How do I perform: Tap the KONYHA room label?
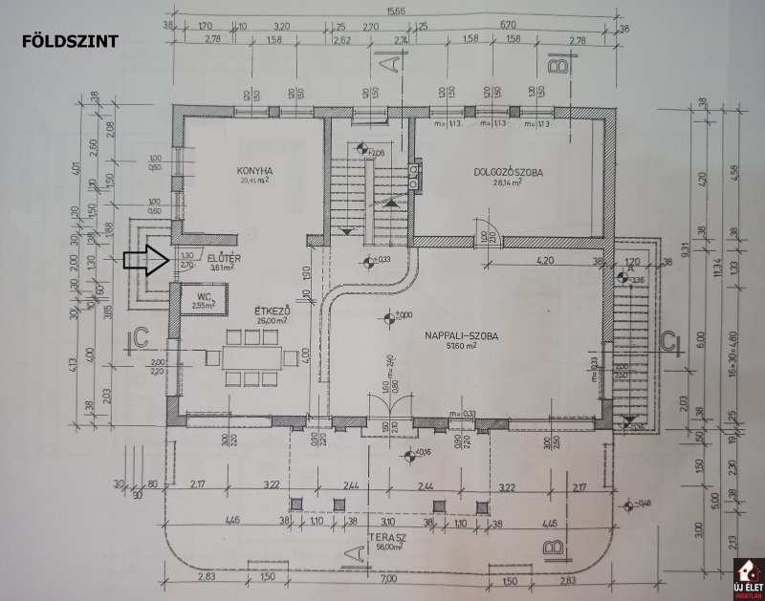coord(254,171)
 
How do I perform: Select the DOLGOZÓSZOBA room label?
coord(509,172)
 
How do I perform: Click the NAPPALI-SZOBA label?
coord(456,334)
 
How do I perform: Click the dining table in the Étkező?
coord(253,357)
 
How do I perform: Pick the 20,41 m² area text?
coord(255,181)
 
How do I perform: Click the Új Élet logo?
coord(746,578)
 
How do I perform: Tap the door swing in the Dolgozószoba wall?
coord(488,229)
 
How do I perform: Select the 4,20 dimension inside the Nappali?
coord(545,259)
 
